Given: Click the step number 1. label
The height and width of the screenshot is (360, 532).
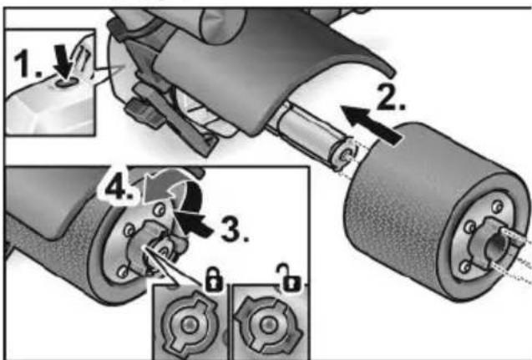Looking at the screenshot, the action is point(28,63).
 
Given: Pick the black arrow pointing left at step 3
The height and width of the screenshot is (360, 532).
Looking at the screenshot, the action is point(195,225).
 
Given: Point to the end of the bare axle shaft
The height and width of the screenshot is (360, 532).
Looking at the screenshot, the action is point(344,155).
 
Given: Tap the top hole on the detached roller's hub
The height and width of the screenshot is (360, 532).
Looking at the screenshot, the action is point(498,206).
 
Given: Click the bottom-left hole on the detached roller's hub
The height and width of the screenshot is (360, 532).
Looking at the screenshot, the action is point(465,266).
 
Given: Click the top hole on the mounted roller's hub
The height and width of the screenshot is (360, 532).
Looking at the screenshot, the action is point(159,210).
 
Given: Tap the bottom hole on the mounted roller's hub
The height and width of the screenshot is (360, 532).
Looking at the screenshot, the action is point(123,271).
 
